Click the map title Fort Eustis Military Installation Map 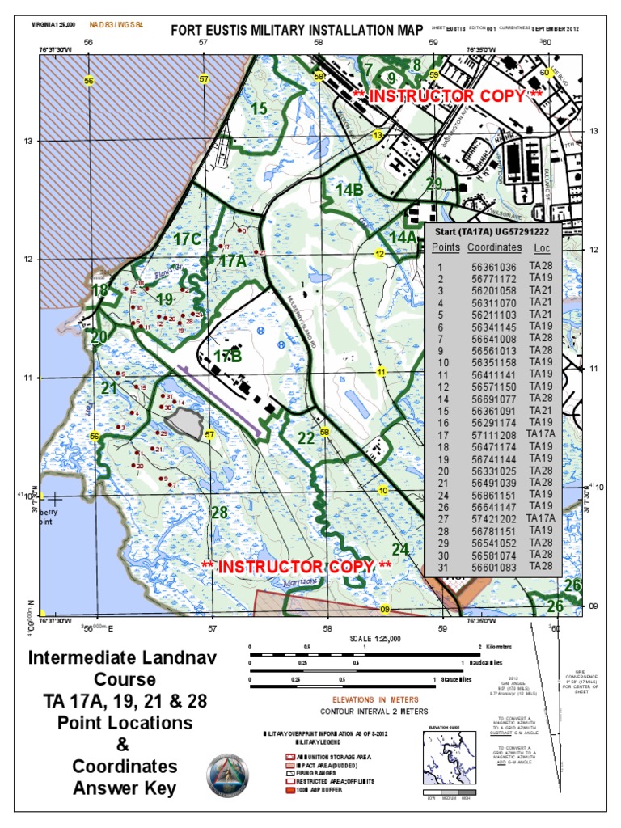pos(297,31)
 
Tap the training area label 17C pos(187,239)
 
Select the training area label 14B pos(349,190)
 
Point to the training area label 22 pos(305,439)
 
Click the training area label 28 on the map pos(219,513)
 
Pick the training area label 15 pos(258,108)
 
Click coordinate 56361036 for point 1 pos(494,267)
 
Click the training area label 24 pos(400,549)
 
